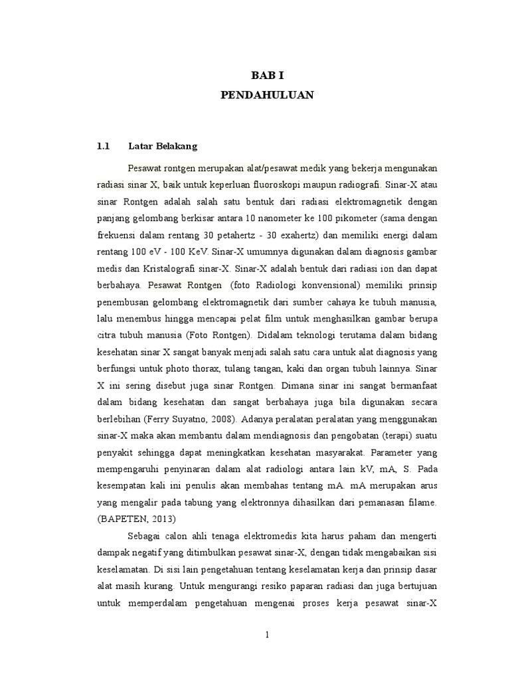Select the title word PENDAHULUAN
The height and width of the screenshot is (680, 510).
pyautogui.click(x=266, y=96)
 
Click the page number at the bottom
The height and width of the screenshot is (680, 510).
pyautogui.click(x=266, y=635)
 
